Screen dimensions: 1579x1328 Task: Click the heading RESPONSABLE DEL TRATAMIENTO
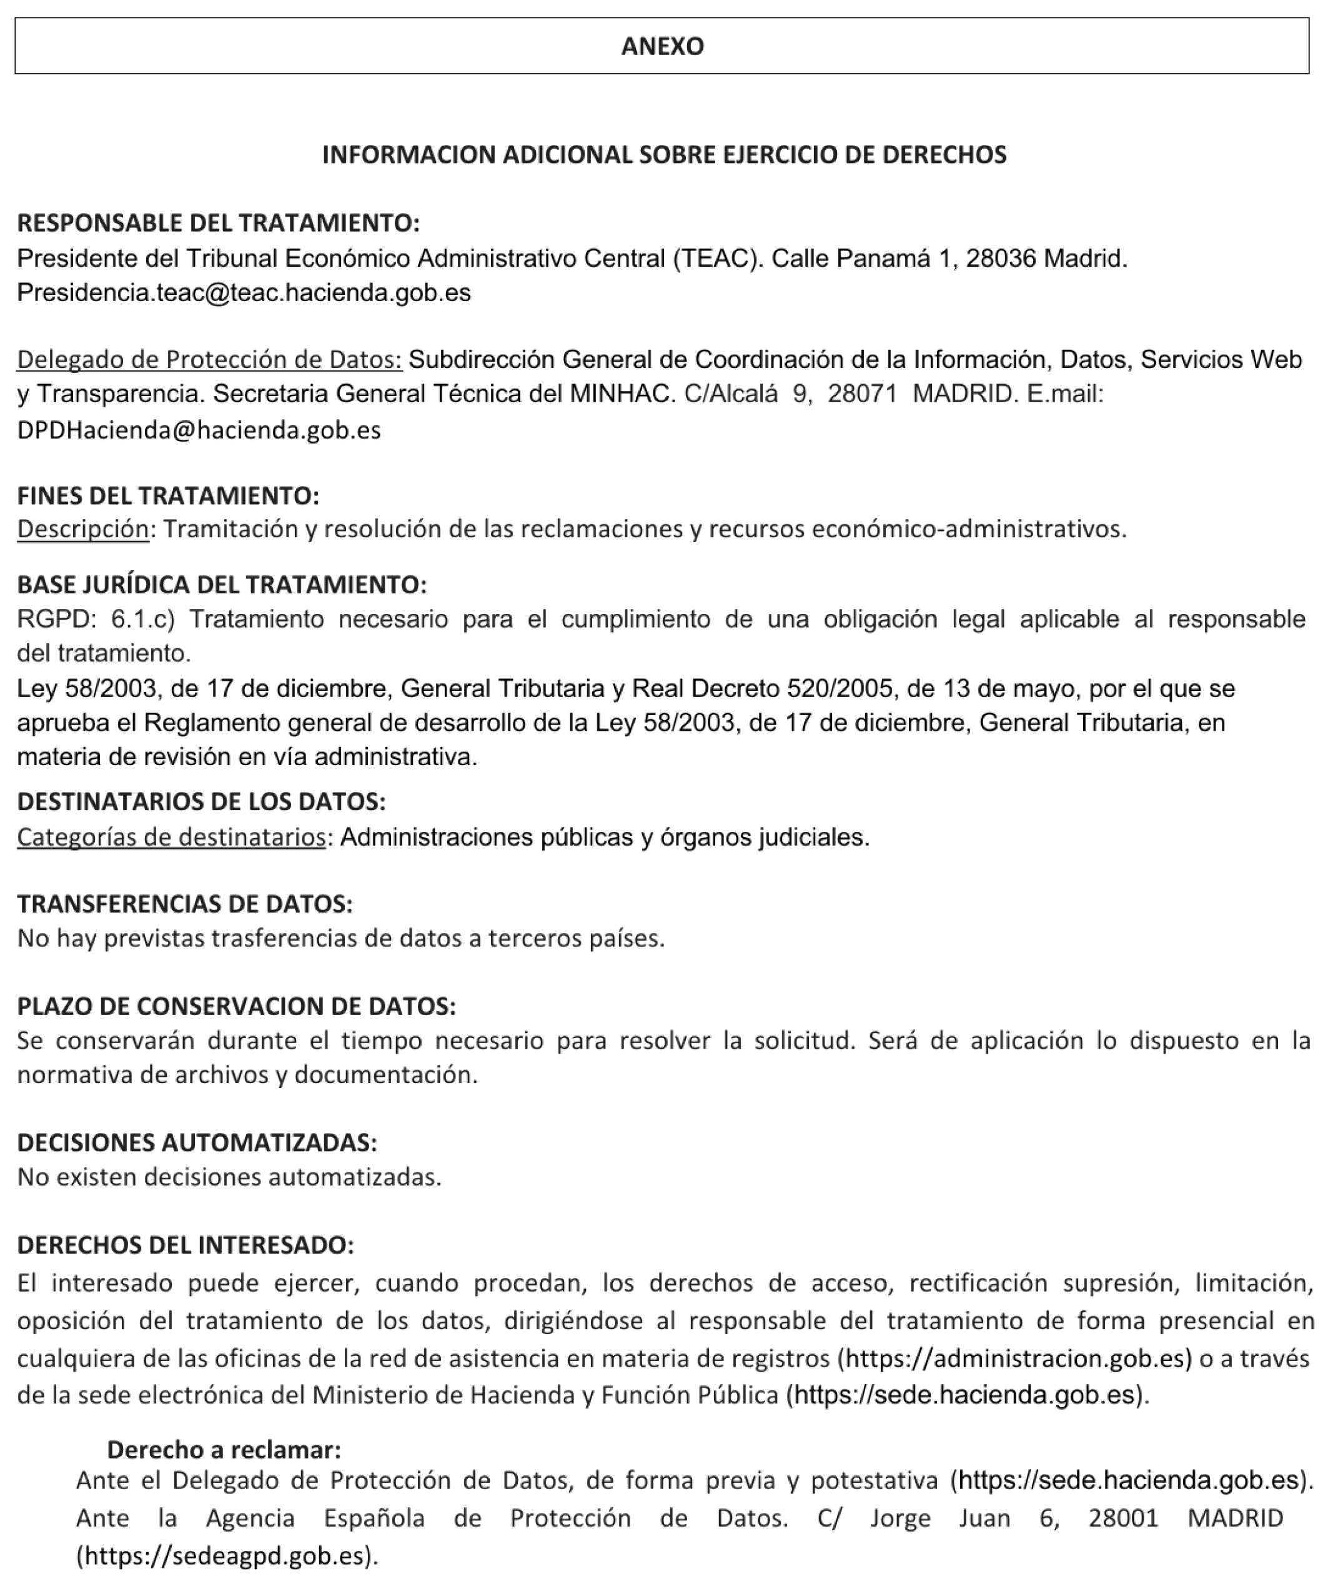pos(217,223)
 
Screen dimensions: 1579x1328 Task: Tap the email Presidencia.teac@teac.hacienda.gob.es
pos(244,293)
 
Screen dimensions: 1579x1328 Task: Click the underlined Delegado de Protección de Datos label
pos(209,360)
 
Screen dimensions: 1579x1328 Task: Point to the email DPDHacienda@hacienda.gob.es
pos(199,430)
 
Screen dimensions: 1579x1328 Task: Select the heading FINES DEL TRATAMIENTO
pos(168,496)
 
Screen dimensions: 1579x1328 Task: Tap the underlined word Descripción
pos(83,529)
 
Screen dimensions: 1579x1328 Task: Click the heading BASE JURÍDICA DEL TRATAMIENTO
pos(221,585)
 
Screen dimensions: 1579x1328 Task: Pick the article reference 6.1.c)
pos(143,620)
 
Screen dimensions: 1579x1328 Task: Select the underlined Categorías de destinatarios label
pos(171,837)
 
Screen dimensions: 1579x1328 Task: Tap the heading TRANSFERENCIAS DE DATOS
pos(184,904)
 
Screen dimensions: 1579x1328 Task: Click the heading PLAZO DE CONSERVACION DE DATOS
pos(236,1006)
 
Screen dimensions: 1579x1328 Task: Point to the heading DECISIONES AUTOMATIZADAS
pos(197,1142)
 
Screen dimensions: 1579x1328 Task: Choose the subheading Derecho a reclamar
pos(224,1450)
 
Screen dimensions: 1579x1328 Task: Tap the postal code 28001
pos(1122,1518)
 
